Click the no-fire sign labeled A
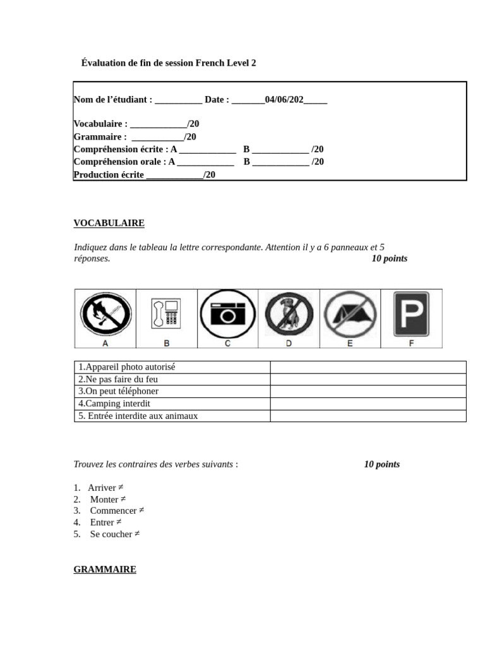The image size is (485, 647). coord(105,314)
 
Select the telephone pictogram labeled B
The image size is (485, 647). coord(167,314)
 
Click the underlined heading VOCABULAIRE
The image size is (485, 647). coord(109,223)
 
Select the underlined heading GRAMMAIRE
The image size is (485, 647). coord(105,569)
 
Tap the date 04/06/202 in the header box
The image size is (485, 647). coord(284,100)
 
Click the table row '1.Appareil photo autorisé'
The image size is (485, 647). coord(127,367)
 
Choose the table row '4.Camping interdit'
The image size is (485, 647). coord(114,403)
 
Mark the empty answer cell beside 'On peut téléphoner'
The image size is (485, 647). coord(368,391)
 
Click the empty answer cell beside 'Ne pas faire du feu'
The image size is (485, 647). coord(368,379)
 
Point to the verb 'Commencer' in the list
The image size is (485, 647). coord(113,511)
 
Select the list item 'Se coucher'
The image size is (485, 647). coord(111,534)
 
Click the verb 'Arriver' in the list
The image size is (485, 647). coord(102,488)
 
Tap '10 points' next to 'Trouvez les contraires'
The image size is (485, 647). coord(381,464)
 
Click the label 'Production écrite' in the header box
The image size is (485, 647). coord(109,175)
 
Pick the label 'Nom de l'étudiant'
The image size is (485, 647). coord(112,100)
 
